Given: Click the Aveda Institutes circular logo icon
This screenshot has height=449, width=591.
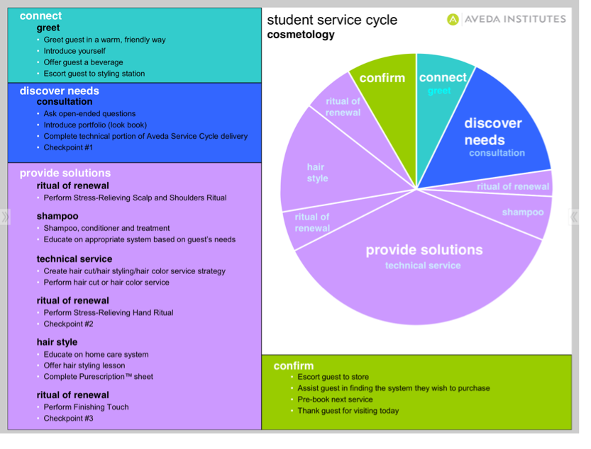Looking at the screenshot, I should tap(453, 19).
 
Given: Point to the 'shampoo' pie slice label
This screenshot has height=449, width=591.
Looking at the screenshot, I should tap(522, 212).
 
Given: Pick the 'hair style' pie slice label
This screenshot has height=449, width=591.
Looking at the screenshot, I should tap(316, 173).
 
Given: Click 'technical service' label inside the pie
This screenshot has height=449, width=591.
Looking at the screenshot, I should tap(423, 266).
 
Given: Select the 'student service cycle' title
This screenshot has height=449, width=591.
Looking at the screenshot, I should tap(332, 20).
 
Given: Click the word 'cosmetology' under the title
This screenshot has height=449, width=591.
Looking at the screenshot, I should tap(301, 35).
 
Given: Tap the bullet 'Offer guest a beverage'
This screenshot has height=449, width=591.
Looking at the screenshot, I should tap(83, 62).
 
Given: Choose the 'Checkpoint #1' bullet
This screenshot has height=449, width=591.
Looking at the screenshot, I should tap(68, 147).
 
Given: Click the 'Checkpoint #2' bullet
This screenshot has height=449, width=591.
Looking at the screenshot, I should tap(68, 324).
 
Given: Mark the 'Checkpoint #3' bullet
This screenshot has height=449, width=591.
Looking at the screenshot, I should tap(68, 418).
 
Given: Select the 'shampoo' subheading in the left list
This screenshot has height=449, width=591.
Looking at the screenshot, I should tap(57, 216).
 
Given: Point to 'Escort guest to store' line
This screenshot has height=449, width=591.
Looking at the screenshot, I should tap(333, 377).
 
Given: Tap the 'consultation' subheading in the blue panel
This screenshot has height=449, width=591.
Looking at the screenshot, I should tap(65, 101).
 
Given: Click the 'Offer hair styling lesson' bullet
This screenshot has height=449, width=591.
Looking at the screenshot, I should tap(84, 365).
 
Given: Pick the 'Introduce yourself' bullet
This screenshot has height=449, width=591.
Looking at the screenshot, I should tap(74, 51).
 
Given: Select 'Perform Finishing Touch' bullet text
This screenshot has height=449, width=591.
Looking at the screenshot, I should tap(86, 407).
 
